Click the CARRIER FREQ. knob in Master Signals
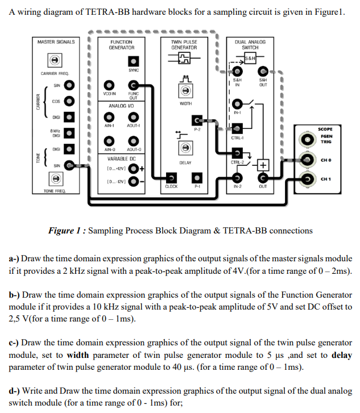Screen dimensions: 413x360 pyautogui.click(x=54, y=60)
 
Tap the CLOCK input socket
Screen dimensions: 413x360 pyautogui.click(x=172, y=177)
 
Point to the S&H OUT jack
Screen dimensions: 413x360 pyautogui.click(x=263, y=72)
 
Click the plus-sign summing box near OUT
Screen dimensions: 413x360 pyautogui.click(x=262, y=165)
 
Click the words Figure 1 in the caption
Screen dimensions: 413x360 pyautogui.click(x=68, y=231)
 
